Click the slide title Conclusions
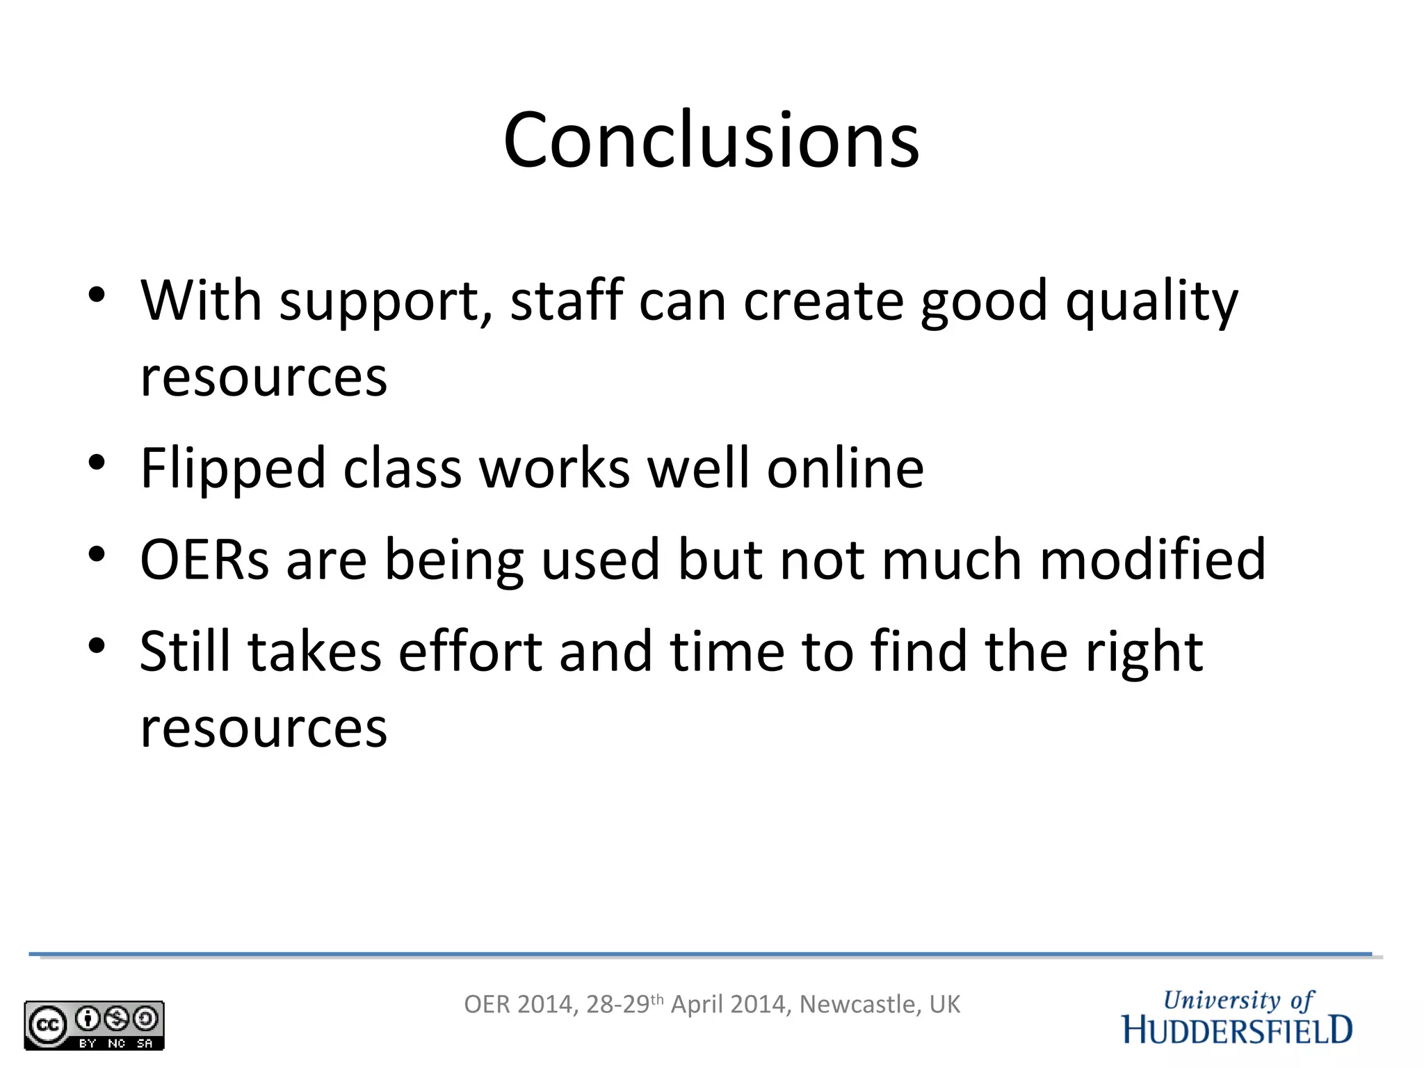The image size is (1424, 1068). (x=711, y=140)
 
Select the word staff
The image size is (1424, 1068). (x=566, y=300)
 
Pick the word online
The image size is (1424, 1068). (x=845, y=468)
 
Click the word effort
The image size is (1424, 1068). (x=470, y=652)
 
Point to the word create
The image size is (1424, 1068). (x=823, y=302)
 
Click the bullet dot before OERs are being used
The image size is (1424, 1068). (x=97, y=554)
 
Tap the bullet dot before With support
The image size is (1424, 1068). (x=97, y=295)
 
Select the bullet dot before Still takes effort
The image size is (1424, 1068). (x=97, y=646)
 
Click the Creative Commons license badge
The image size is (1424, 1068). (x=94, y=1025)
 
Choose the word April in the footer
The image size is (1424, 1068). (x=696, y=1005)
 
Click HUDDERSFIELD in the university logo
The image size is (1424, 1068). (x=1238, y=1030)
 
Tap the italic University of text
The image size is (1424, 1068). (x=1238, y=1001)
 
